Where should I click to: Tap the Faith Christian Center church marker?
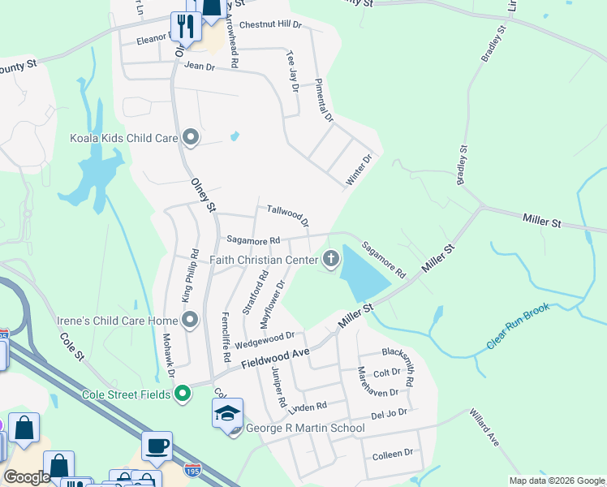point(330,260)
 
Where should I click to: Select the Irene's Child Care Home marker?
point(191,321)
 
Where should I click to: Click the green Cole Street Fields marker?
point(183,394)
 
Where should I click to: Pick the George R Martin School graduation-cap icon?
point(228,414)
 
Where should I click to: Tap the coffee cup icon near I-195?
point(157,446)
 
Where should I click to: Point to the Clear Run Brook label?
point(518,327)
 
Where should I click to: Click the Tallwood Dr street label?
point(288,216)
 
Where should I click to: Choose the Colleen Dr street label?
point(393,453)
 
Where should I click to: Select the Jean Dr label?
point(198,66)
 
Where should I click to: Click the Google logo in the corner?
point(28,477)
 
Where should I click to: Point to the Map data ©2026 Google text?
point(556,481)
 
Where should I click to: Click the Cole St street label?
point(72,345)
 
